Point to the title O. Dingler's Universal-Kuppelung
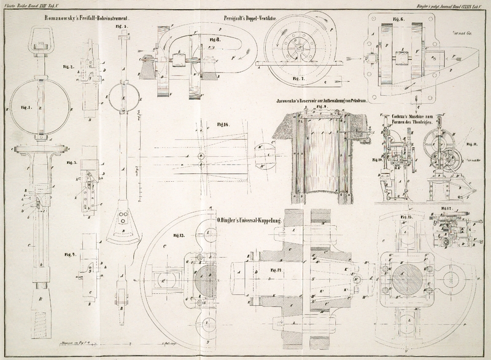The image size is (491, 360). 249,219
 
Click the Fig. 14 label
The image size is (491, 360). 267,269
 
